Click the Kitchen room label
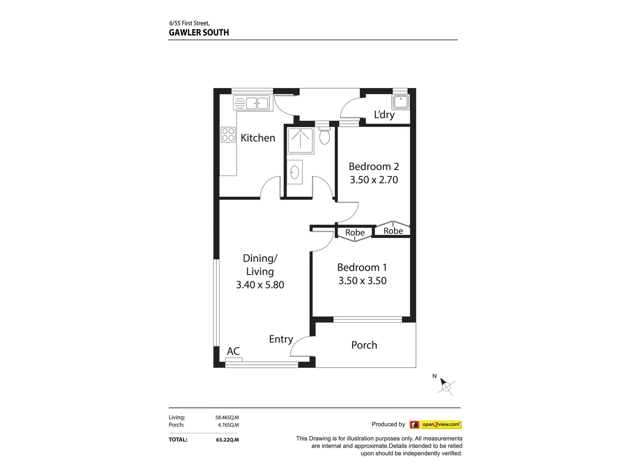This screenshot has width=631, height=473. click(x=258, y=138)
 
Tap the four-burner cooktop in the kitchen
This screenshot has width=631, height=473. click(x=228, y=134)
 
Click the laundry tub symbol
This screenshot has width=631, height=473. click(x=401, y=102)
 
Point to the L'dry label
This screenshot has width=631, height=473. click(x=384, y=115)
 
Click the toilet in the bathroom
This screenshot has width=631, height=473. click(x=324, y=136)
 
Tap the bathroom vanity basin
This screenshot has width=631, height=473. click(x=294, y=172)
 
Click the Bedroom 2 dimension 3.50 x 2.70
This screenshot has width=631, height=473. click(x=374, y=180)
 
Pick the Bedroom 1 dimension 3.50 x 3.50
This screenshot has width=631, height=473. click(x=362, y=281)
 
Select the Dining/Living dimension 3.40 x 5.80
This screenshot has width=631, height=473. click(x=260, y=285)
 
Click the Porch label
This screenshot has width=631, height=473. click(x=364, y=345)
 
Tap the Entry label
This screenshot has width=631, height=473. click(x=280, y=339)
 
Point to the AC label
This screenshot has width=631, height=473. click(x=233, y=351)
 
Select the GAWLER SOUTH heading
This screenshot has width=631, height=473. click(x=199, y=32)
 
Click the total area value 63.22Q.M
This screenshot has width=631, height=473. click(x=227, y=440)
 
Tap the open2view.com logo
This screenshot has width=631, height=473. click(x=436, y=424)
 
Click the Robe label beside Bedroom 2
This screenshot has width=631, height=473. click(x=393, y=231)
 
